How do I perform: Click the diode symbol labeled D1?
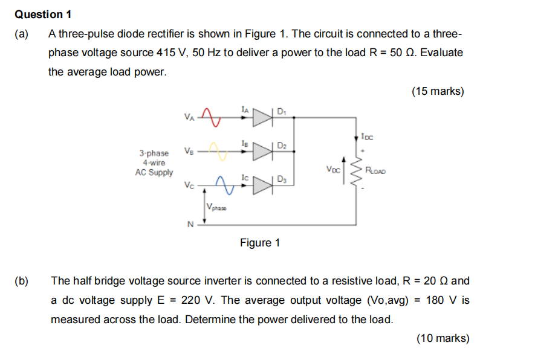tap(264, 118)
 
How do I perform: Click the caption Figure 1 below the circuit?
tap(260, 243)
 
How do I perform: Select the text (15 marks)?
tap(437, 91)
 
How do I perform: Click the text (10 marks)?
tap(442, 338)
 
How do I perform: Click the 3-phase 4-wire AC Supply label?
tap(154, 162)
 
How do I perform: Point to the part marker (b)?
tap(22, 281)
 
